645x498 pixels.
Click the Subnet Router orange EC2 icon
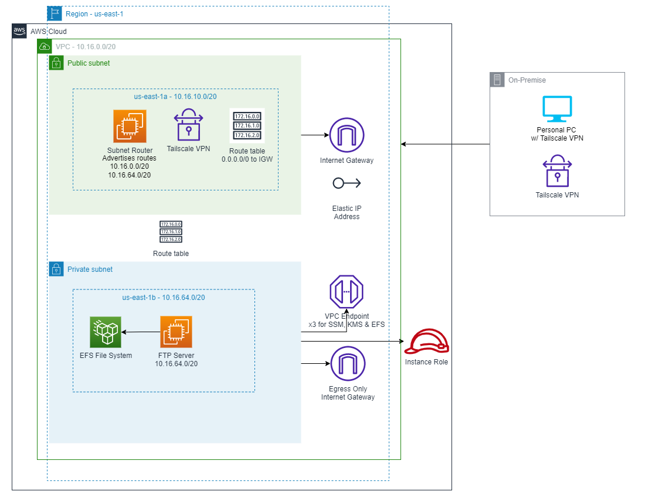(x=130, y=126)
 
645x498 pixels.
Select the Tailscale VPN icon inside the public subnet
(x=188, y=124)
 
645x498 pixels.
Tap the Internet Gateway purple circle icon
(x=347, y=135)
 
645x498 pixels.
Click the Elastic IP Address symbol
(x=347, y=183)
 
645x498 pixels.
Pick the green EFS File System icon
(x=106, y=332)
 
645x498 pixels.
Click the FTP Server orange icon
(x=176, y=332)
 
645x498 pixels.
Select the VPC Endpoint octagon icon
(x=347, y=292)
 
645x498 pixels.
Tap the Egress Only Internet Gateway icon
(x=347, y=364)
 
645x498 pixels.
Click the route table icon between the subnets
(x=171, y=232)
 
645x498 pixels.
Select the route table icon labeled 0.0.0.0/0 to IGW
(x=247, y=126)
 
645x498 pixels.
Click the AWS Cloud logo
(x=20, y=31)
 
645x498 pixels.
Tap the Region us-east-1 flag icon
(x=55, y=13)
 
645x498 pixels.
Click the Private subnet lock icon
(x=56, y=269)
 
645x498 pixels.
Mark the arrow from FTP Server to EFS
(x=141, y=332)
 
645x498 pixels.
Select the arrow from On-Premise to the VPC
(x=446, y=144)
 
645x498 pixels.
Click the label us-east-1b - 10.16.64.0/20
(x=163, y=297)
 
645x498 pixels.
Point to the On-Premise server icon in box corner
(x=497, y=80)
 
